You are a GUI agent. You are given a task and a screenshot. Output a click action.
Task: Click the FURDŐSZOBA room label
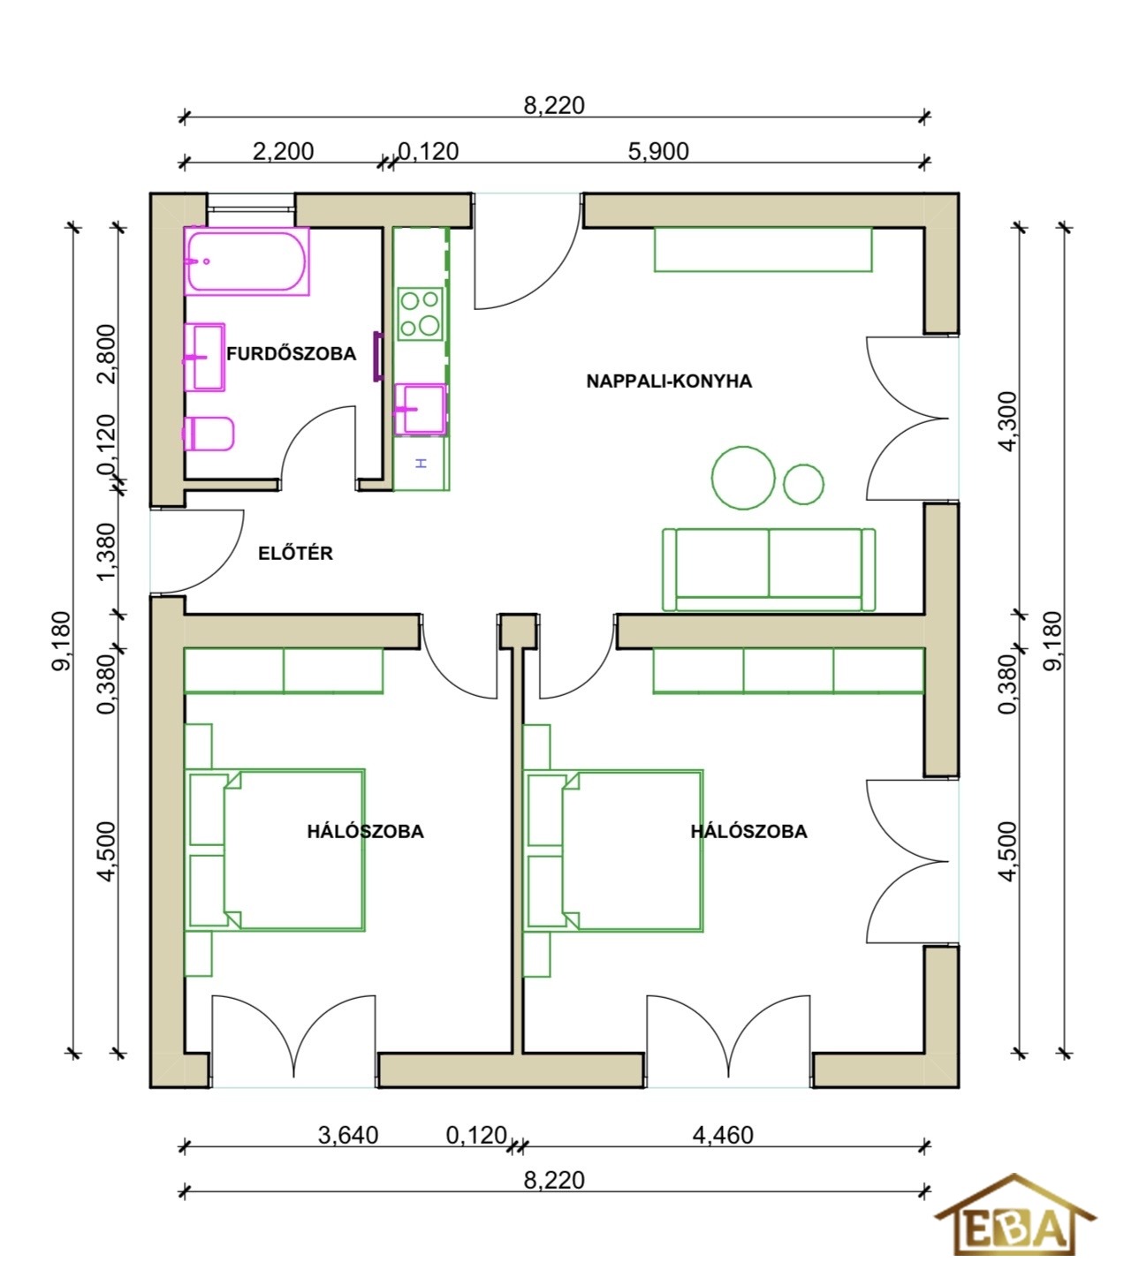tap(291, 353)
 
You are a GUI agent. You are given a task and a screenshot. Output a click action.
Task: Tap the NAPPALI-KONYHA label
tap(669, 382)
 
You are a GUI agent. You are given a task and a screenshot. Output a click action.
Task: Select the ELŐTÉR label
tap(295, 553)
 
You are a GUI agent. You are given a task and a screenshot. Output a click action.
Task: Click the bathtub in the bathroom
tap(247, 261)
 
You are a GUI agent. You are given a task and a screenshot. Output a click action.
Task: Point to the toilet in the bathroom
tap(209, 434)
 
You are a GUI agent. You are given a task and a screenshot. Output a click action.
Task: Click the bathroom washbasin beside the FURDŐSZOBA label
tap(204, 358)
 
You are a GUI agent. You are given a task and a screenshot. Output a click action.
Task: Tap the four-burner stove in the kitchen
tap(421, 314)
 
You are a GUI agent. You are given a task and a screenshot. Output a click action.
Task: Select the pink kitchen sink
tap(421, 409)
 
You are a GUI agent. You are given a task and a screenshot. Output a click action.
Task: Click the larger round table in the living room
tap(743, 478)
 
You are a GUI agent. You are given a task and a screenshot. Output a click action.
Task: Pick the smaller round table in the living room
tap(803, 484)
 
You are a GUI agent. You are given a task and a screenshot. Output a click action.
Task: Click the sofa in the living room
tap(769, 569)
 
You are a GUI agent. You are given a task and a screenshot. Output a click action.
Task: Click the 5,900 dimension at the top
tap(658, 151)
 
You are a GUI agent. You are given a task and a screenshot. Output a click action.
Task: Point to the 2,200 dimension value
tap(283, 151)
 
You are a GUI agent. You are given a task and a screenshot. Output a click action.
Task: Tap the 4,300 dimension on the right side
tap(1008, 421)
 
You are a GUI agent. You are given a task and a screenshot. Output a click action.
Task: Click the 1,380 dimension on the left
tap(107, 552)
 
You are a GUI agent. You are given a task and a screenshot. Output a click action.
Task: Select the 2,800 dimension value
tap(107, 353)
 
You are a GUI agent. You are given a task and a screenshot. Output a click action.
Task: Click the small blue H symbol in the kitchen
tap(421, 464)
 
